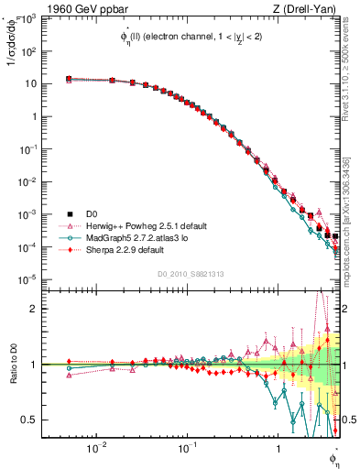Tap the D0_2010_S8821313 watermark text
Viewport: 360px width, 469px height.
(x=187, y=273)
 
